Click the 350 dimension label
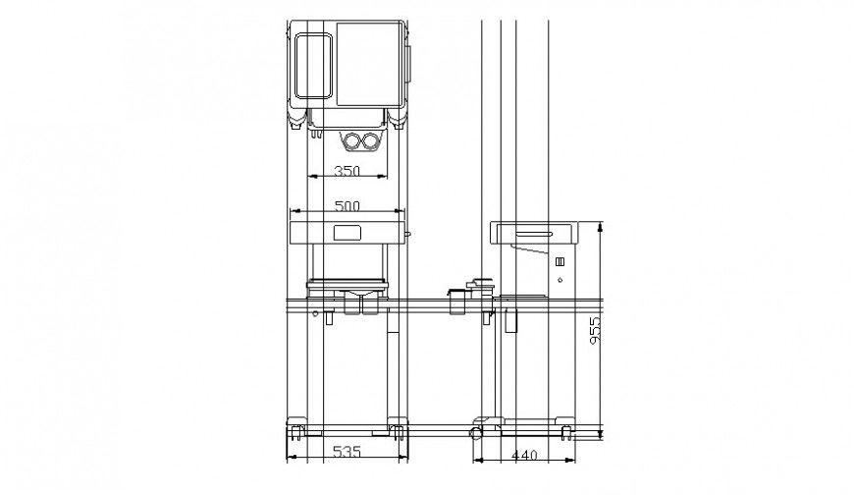[347, 171]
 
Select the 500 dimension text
[347, 206]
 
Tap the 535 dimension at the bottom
[346, 453]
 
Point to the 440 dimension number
[525, 455]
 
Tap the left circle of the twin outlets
[350, 142]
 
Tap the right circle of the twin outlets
[368, 142]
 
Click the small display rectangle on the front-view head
[347, 234]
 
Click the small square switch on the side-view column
[560, 263]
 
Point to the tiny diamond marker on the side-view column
[560, 282]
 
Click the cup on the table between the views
[456, 301]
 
